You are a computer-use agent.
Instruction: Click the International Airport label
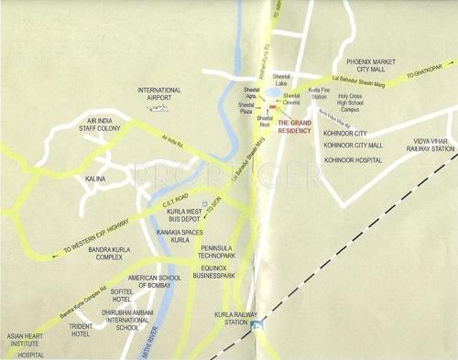coord(158,94)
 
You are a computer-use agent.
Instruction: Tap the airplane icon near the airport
coord(158,111)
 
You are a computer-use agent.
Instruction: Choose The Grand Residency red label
coord(296,126)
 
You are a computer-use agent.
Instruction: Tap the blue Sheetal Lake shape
coord(273,93)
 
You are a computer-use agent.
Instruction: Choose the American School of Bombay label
coord(161,281)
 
